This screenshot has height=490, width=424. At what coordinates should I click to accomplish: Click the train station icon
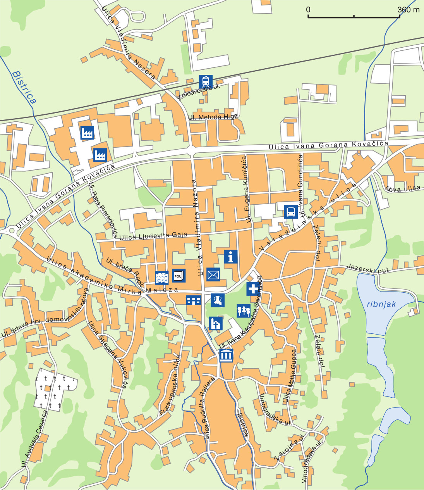[x=206, y=82]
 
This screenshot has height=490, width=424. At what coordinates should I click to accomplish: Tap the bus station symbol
[x=291, y=212]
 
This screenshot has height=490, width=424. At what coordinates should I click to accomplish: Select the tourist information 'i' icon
[x=231, y=257]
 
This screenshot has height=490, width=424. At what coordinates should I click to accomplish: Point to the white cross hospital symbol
[x=253, y=289]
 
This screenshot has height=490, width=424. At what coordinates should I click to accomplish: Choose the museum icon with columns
[x=226, y=355]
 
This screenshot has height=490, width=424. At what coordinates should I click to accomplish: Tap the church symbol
[x=216, y=323]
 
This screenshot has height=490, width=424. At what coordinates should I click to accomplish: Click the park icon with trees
[x=244, y=311]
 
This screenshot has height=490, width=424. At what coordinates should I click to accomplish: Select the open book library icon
[x=161, y=278]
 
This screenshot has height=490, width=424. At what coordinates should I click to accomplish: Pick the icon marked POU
[x=179, y=276]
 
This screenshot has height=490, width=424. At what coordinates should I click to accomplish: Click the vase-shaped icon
[x=218, y=300]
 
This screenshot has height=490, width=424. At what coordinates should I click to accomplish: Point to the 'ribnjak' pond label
[x=381, y=304]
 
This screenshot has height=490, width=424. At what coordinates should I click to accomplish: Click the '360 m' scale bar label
[x=409, y=10]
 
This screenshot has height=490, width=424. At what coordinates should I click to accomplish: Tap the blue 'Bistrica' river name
[x=24, y=87]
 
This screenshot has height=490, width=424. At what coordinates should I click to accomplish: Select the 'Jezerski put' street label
[x=367, y=269]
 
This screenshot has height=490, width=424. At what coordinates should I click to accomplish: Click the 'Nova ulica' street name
[x=403, y=189]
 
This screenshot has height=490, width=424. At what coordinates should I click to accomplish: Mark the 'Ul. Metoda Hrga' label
[x=213, y=117]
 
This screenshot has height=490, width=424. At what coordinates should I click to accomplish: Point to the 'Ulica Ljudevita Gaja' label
[x=153, y=236]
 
